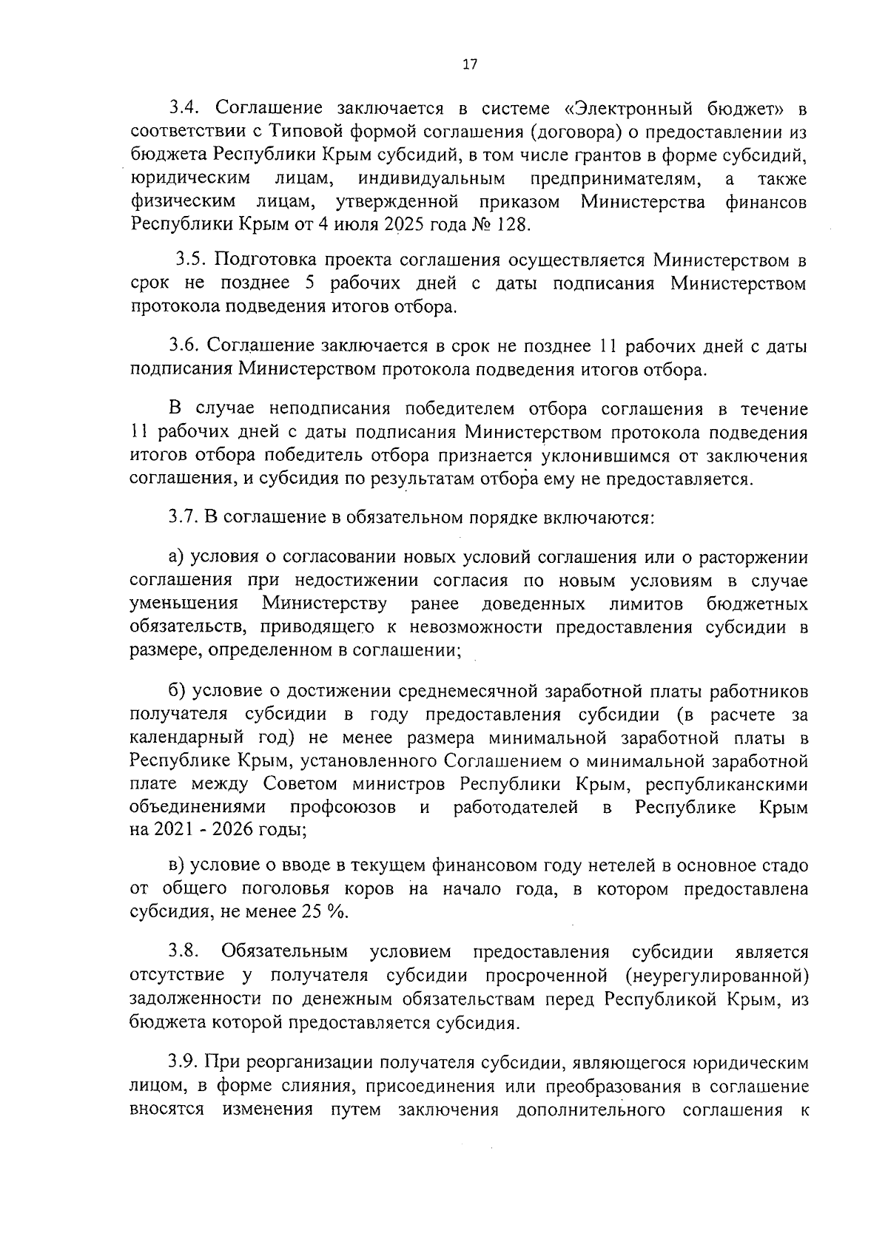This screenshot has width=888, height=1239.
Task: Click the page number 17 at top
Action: coord(469,64)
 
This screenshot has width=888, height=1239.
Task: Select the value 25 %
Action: coord(323,912)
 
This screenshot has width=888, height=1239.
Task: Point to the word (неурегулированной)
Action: coord(716,975)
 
